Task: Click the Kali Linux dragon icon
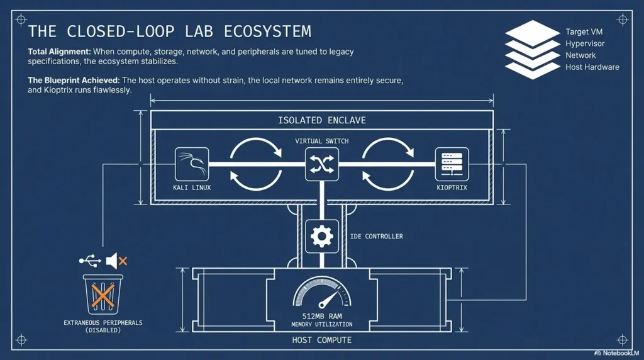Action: pyautogui.click(x=191, y=164)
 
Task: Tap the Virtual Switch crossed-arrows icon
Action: pyautogui.click(x=321, y=164)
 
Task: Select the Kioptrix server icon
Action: pyautogui.click(x=452, y=164)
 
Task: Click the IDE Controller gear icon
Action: pyautogui.click(x=322, y=237)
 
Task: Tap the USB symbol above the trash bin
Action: pyautogui.click(x=89, y=260)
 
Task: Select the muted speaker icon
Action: pyautogui.click(x=116, y=260)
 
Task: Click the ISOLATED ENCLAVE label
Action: pyautogui.click(x=321, y=120)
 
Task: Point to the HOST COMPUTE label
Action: pyautogui.click(x=321, y=340)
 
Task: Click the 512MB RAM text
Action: pyautogui.click(x=321, y=316)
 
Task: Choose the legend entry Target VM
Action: pyautogui.click(x=584, y=31)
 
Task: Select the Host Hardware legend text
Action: pyautogui.click(x=592, y=67)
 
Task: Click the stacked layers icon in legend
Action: pyautogui.click(x=532, y=49)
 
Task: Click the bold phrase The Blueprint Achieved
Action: pyautogui.click(x=74, y=81)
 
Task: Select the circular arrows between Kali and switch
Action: pyautogui.click(x=256, y=164)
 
